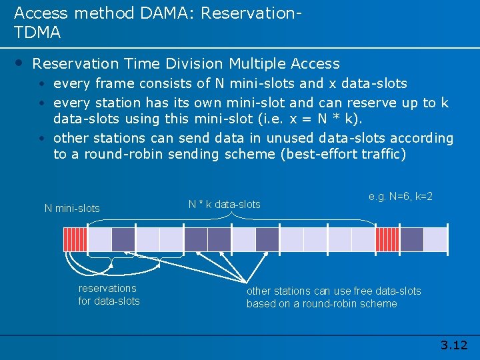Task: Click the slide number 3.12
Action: tap(454, 345)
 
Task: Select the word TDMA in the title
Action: tap(37, 32)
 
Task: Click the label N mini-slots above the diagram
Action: tap(72, 208)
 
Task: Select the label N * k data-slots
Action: tap(224, 204)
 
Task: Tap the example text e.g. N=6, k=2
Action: tap(401, 197)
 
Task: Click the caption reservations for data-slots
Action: tap(109, 295)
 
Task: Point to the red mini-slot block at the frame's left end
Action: tap(75, 239)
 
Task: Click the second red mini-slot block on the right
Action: tap(387, 239)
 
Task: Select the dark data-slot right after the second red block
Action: tap(411, 239)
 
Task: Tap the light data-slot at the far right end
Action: tap(435, 239)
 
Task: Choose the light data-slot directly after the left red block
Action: tap(99, 239)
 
